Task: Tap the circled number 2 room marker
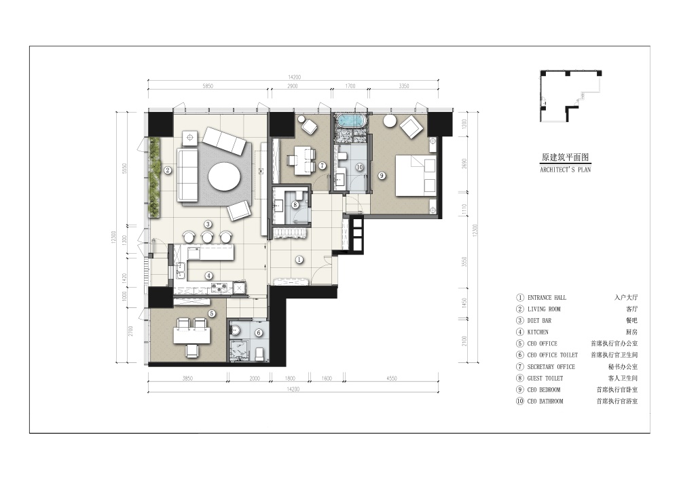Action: (x=167, y=171)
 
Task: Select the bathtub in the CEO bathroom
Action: (x=350, y=122)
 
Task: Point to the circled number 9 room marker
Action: (x=382, y=176)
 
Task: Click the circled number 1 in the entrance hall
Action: (x=299, y=259)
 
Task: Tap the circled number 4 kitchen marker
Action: (x=209, y=275)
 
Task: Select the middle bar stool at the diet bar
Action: (x=206, y=236)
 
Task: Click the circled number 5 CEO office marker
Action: (x=212, y=313)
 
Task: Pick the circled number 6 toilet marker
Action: (x=258, y=332)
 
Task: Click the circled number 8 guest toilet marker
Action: (x=295, y=204)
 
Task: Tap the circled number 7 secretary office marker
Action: (x=323, y=165)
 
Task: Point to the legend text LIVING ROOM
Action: (x=544, y=309)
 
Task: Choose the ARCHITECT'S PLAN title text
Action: (x=564, y=170)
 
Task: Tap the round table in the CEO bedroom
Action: (x=390, y=121)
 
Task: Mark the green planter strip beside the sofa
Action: (x=154, y=177)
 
